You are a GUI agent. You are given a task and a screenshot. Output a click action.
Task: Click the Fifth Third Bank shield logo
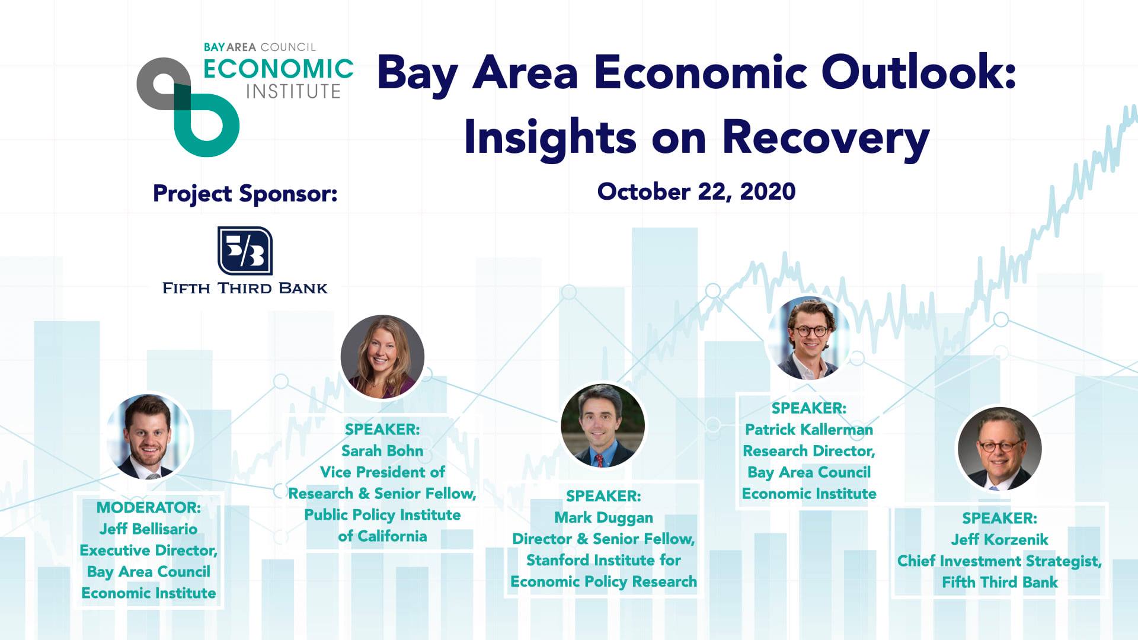click(245, 251)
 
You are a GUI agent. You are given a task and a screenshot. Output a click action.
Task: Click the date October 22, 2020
click(696, 192)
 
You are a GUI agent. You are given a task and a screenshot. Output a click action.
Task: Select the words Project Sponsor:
click(245, 194)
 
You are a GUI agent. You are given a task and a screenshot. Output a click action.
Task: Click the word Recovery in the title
click(826, 138)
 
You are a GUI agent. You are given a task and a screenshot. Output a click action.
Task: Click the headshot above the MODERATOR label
click(149, 437)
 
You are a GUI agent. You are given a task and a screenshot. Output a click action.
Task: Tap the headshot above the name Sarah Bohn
click(382, 356)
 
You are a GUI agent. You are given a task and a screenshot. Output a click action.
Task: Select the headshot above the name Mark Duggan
click(603, 425)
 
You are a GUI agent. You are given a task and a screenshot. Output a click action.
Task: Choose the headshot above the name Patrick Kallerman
click(809, 338)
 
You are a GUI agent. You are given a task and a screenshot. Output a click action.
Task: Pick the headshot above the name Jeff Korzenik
click(999, 449)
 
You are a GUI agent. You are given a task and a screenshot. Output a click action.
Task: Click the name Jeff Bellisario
click(148, 529)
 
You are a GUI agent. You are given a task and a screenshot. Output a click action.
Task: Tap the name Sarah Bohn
click(382, 451)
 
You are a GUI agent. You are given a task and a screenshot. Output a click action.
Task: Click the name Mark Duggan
click(603, 518)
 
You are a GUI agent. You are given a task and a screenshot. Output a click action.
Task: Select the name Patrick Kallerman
click(809, 430)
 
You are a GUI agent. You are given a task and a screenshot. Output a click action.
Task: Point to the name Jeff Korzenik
click(1000, 540)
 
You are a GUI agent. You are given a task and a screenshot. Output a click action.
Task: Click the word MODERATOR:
click(149, 508)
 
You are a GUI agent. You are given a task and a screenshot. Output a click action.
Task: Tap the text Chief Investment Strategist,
click(1000, 561)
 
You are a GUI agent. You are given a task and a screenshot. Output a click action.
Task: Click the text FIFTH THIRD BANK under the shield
click(245, 289)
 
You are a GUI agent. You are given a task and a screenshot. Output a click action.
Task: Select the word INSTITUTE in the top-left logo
click(293, 92)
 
